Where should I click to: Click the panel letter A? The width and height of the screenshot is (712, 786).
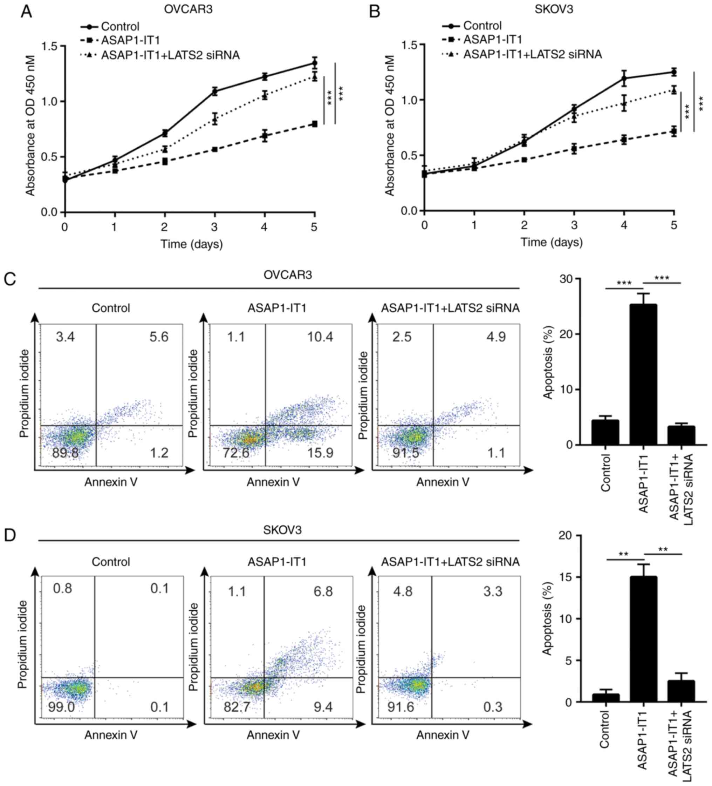pyautogui.click(x=27, y=11)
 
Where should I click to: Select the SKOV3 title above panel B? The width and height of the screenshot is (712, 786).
pyautogui.click(x=553, y=9)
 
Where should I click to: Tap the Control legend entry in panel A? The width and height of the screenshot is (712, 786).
pyautogui.click(x=119, y=27)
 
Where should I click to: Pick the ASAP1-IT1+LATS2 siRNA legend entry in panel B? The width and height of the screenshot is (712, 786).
pyautogui.click(x=532, y=54)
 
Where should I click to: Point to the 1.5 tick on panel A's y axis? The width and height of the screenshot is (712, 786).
pyautogui.click(x=49, y=46)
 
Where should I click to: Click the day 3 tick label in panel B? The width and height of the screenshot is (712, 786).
pyautogui.click(x=574, y=225)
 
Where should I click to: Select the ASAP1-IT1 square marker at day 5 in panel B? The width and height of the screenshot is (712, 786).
pyautogui.click(x=673, y=131)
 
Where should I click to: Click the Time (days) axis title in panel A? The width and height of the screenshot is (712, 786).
pyautogui.click(x=191, y=244)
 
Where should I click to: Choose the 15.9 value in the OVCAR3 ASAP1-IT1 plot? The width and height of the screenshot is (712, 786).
pyautogui.click(x=320, y=453)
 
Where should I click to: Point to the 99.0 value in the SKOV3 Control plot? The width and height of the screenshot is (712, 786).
pyautogui.click(x=61, y=707)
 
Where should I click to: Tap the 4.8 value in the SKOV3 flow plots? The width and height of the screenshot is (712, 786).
pyautogui.click(x=402, y=591)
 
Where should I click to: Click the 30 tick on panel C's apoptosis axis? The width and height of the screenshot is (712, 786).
pyautogui.click(x=566, y=279)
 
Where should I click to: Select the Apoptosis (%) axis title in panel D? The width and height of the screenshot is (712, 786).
pyautogui.click(x=548, y=619)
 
